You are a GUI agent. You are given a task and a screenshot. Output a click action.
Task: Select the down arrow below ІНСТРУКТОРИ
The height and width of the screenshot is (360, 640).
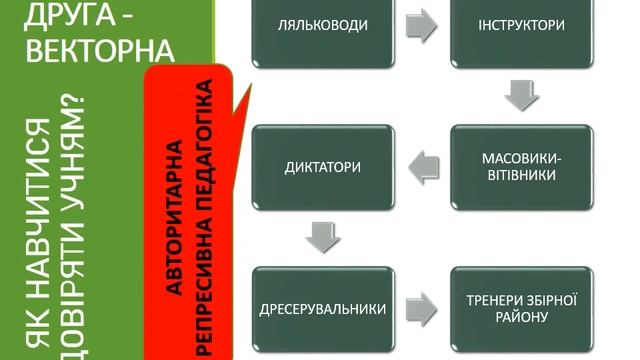click(x=520, y=97)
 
